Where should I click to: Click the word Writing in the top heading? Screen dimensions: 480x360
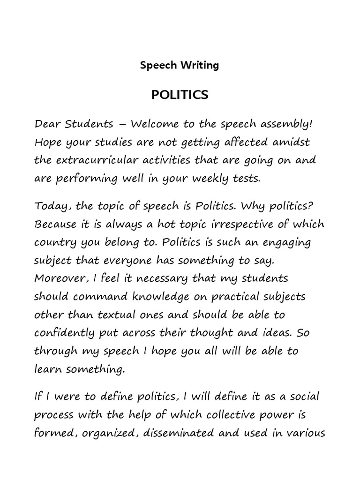199,65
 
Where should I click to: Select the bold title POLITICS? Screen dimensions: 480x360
180,95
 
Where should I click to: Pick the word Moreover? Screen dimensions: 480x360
58,278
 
